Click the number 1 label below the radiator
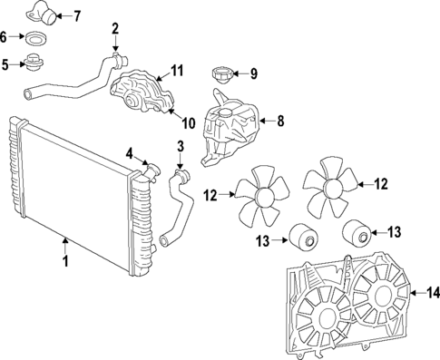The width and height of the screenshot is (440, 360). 64,262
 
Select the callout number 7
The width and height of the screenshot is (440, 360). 76,15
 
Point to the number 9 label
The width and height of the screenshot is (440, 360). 253,73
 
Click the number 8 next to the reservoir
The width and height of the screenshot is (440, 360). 279,120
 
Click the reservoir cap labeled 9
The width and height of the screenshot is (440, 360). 220,73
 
